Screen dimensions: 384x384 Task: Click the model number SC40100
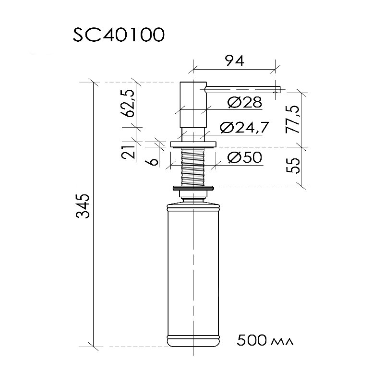[x=119, y=35]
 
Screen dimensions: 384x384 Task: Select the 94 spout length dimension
[x=235, y=60]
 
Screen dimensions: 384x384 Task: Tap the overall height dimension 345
[x=83, y=206]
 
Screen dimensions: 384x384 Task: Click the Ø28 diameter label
[x=245, y=102]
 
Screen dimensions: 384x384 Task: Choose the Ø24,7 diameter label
[x=244, y=127]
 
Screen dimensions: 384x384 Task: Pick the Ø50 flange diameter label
[x=245, y=157]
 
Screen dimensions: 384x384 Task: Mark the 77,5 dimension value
[x=293, y=120]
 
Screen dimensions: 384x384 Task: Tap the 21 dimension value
[x=128, y=152]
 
